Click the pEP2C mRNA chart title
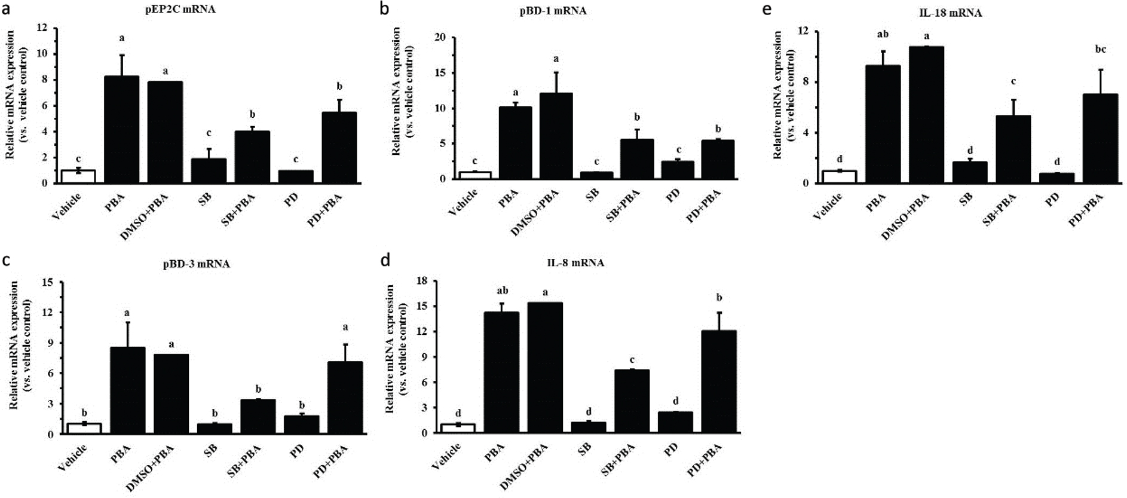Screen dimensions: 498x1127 [180, 10]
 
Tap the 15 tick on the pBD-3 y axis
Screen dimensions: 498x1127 [48, 282]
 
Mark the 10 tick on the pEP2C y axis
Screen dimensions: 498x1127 [42, 54]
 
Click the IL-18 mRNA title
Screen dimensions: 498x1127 [950, 13]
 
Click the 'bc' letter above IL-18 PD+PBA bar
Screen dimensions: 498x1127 [1100, 50]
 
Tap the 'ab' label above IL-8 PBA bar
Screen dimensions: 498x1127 [502, 291]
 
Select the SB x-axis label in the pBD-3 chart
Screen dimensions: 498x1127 [210, 450]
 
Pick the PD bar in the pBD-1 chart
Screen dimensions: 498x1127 [677, 170]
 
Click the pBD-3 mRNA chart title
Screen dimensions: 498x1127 [196, 264]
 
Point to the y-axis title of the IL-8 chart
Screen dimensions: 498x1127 [396, 349]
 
